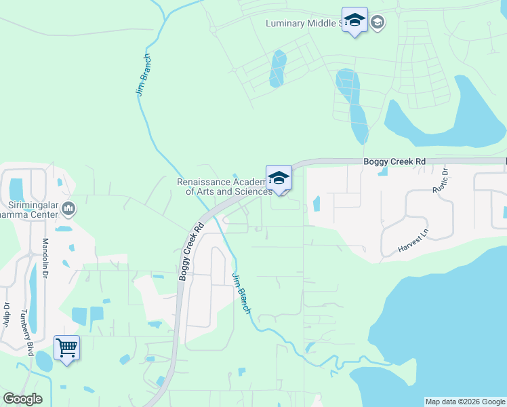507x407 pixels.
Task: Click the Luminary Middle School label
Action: coord(302,23)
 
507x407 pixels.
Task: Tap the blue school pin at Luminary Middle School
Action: coord(354,21)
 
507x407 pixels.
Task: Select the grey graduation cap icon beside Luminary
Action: coord(378,22)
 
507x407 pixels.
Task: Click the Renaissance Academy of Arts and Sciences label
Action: coord(224,187)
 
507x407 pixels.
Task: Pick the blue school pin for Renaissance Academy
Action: coord(279,178)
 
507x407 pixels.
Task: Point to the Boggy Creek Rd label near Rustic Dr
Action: coord(394,161)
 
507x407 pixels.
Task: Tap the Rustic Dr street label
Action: coord(441,180)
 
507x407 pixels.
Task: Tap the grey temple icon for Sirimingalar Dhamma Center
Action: coord(68,208)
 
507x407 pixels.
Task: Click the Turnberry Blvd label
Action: coord(26,334)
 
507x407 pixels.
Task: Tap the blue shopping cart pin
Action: coord(66,349)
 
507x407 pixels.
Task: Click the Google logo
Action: coord(22,399)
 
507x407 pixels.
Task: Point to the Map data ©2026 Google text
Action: coord(465,402)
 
